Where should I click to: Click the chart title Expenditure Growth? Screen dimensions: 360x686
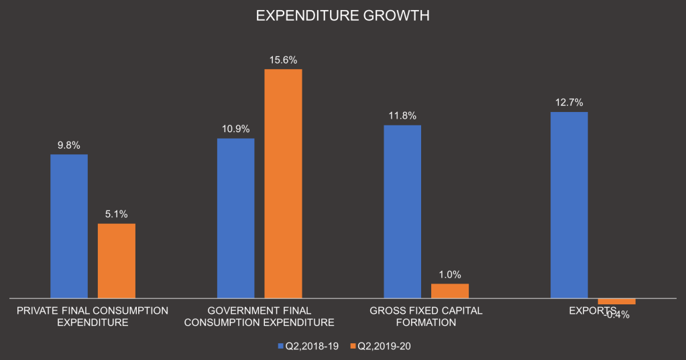click(x=343, y=16)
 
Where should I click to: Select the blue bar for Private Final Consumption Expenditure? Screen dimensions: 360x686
click(x=69, y=226)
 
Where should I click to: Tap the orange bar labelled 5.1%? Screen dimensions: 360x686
click(x=117, y=260)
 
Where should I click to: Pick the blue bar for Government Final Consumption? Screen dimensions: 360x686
click(x=235, y=218)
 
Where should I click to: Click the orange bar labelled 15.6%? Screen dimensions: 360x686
click(x=283, y=183)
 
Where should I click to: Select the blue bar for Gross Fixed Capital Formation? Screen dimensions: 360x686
click(x=402, y=211)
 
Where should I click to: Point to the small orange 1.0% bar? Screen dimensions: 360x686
click(x=450, y=290)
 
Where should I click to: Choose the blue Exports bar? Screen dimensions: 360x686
click(x=569, y=204)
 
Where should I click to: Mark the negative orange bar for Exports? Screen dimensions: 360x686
click(x=616, y=300)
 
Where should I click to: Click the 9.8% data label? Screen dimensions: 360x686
click(x=69, y=145)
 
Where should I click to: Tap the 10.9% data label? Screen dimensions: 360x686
click(x=235, y=129)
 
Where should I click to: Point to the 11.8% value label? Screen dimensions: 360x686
click(x=402, y=115)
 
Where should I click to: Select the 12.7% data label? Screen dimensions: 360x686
click(x=569, y=103)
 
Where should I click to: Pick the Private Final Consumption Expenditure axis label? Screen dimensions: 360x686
click(x=93, y=316)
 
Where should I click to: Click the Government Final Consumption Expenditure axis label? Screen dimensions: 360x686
click(x=259, y=316)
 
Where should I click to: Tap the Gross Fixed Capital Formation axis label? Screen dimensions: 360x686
click(x=426, y=316)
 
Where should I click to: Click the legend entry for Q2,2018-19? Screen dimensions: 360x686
click(x=308, y=346)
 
